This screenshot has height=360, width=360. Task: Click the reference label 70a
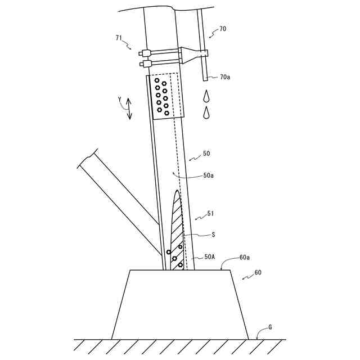coord(225,76)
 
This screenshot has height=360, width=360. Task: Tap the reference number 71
coord(119,38)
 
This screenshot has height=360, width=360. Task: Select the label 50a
coord(208,175)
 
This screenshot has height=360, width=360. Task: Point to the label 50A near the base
coord(209,256)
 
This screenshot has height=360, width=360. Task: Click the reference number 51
coord(210,213)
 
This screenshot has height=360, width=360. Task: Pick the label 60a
coord(245,257)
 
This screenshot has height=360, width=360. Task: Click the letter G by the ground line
coord(269,326)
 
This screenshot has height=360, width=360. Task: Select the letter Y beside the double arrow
coord(119,101)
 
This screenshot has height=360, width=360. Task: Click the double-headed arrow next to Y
coord(129,108)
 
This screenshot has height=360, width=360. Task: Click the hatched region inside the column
coord(177,231)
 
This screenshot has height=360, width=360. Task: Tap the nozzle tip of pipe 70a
coord(206,77)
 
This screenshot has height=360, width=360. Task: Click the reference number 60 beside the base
coord(258,272)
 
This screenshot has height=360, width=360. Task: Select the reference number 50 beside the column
coord(206,153)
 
